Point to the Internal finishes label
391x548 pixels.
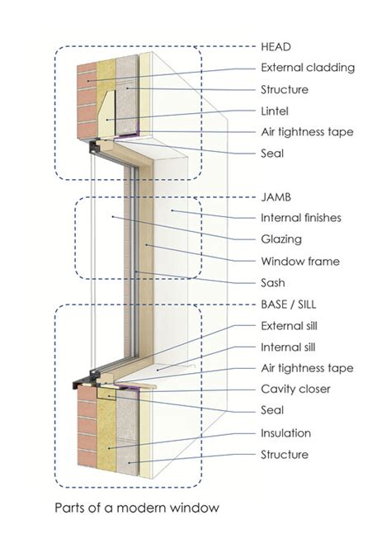click(300, 218)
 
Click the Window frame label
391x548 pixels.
click(299, 261)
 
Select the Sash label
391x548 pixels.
click(274, 282)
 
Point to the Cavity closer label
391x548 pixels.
click(294, 390)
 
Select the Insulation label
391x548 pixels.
click(285, 432)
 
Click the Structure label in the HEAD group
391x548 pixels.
click(284, 88)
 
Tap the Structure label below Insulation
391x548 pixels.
click(284, 454)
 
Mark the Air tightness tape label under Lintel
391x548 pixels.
click(307, 131)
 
